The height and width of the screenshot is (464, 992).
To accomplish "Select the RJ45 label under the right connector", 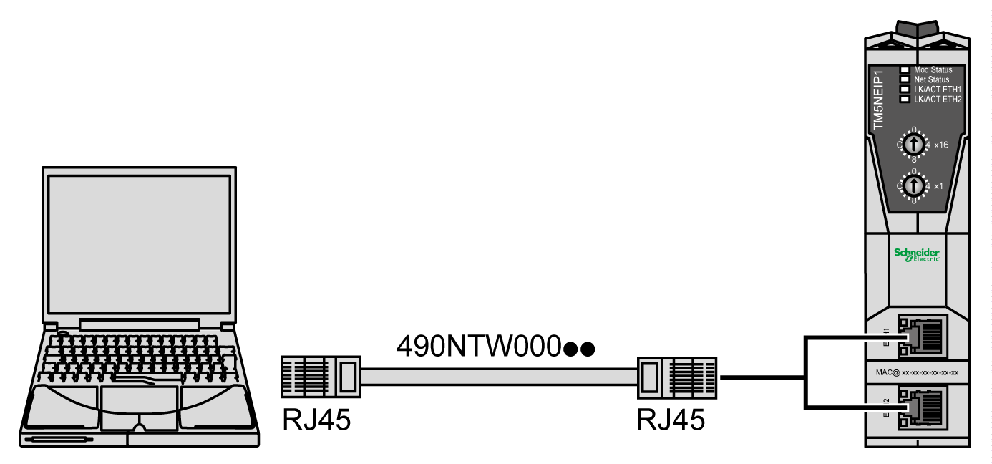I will point(671,420).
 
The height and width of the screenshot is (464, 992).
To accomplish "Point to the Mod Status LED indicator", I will point(905,70).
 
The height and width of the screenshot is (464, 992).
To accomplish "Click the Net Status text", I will point(933,79).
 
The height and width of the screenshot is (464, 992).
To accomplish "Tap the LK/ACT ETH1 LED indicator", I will point(905,90).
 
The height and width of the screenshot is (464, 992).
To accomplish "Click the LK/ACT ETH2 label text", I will point(938,99).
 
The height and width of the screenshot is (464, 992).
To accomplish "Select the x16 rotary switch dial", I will point(913,145).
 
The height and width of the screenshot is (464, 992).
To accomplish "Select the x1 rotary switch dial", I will point(913,186).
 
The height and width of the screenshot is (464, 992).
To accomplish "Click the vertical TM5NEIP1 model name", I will point(880,100).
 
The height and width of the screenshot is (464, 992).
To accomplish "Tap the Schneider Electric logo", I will point(916,255).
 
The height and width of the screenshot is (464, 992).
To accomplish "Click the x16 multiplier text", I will point(941,145).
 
